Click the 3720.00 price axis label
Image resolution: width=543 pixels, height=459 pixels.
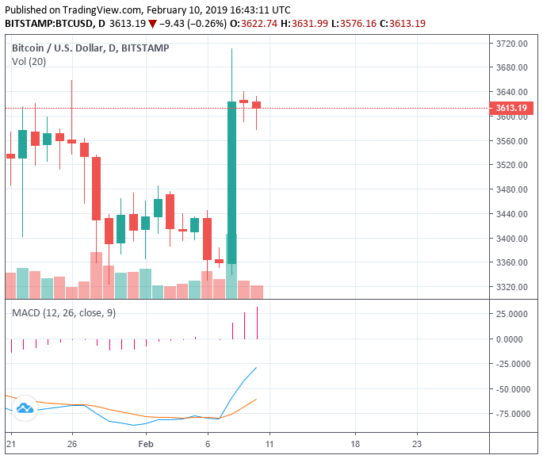[511, 44]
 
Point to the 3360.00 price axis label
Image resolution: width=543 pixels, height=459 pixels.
[511, 262]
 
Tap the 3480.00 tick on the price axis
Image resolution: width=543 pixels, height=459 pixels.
[511, 189]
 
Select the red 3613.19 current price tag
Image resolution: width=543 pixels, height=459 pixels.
[511, 108]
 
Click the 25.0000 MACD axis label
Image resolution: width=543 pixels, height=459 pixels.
[513, 314]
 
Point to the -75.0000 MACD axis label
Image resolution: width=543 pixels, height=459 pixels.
[511, 414]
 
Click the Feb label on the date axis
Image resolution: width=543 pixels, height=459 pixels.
[145, 445]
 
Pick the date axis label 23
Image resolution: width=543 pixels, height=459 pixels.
[417, 445]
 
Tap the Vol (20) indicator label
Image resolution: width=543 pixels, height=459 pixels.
[29, 63]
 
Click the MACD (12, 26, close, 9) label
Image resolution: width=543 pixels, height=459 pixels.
[63, 313]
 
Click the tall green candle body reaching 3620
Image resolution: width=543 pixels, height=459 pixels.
[231, 182]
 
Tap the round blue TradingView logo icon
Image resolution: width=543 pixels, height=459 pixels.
[25, 407]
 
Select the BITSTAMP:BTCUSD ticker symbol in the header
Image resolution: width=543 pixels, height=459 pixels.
[48, 24]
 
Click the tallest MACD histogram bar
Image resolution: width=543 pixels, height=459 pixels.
[258, 323]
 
